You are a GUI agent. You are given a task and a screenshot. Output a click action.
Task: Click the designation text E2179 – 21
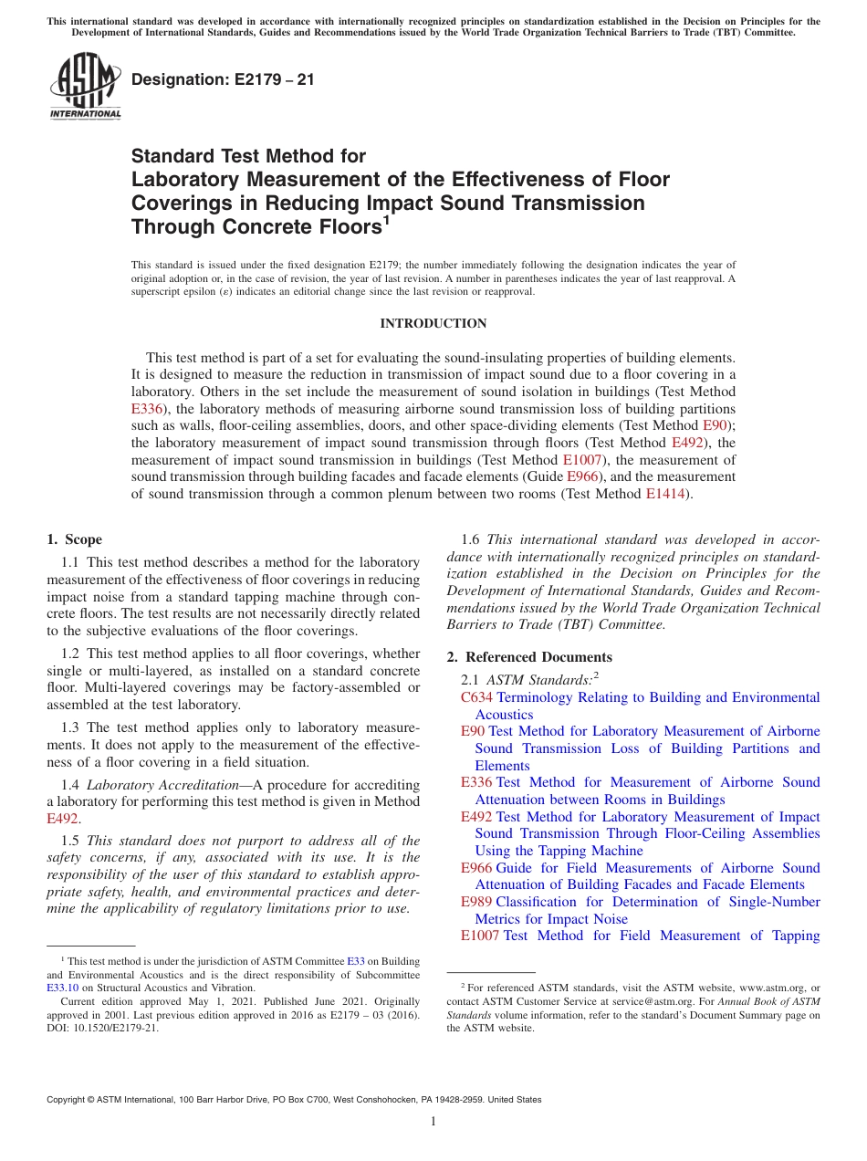[x=223, y=79]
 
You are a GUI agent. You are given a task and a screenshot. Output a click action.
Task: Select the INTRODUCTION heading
[x=433, y=323]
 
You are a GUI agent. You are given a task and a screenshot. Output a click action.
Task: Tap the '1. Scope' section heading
[x=74, y=539]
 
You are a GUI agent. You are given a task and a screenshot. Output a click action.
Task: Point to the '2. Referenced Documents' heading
[x=529, y=657]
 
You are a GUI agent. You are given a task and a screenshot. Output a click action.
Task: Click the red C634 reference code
[x=476, y=697]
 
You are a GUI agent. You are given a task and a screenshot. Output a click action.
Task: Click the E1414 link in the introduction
[x=663, y=494]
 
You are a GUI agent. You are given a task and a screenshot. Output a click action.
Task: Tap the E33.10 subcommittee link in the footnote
[x=62, y=988]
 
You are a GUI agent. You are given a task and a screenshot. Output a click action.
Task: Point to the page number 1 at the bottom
[x=433, y=1122]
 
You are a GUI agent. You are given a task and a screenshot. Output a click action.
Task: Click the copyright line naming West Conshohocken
[x=294, y=1100]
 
